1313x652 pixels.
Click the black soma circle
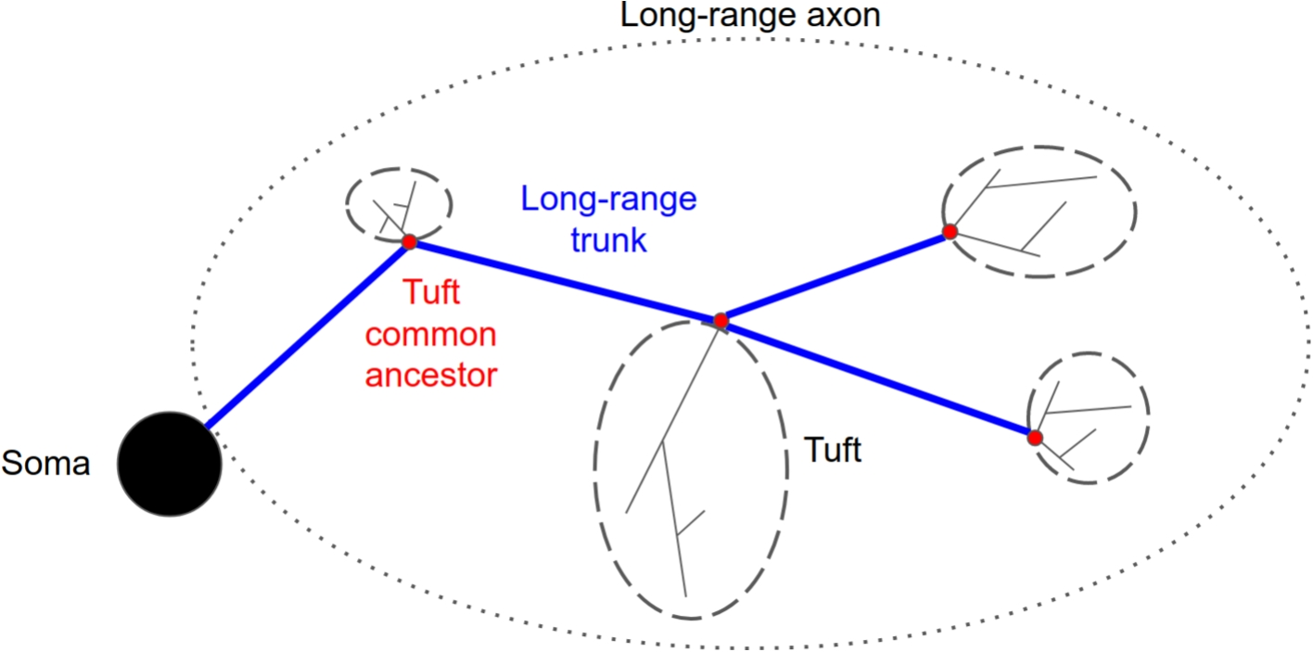coord(169,464)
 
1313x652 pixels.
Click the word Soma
coord(46,463)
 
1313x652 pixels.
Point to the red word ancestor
coord(433,376)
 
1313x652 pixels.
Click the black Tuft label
coord(832,452)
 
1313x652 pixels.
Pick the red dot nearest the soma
coord(408,243)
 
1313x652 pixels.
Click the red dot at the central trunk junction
coord(720,321)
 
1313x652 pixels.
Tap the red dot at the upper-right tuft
coord(950,232)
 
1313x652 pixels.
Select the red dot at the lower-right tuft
coord(1035,437)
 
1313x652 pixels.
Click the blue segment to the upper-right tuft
coord(835,276)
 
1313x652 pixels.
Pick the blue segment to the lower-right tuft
coord(881,380)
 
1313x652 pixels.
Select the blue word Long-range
coord(608,199)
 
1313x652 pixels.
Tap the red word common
coord(433,335)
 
